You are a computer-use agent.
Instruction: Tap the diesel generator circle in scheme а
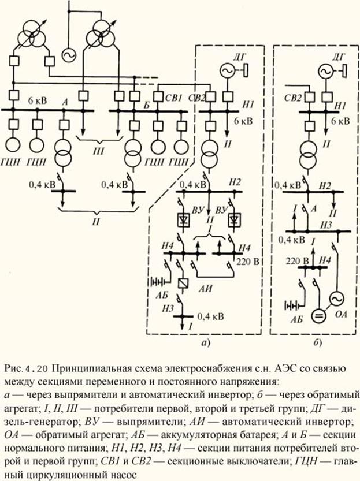pyautogui.click(x=226, y=70)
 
